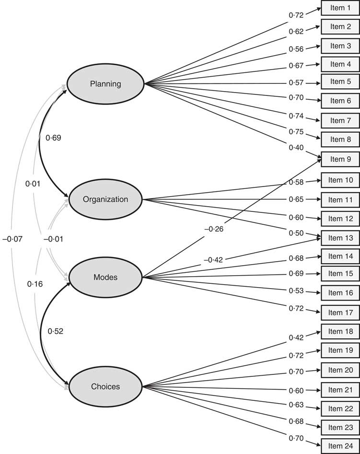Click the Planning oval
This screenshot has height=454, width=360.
coord(105,84)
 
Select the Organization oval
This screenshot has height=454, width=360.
coord(105,199)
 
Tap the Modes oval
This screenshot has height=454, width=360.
coord(105,277)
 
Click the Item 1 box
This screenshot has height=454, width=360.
coord(340,8)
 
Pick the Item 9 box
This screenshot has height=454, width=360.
coord(340,159)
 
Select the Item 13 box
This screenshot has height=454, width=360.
coord(340,238)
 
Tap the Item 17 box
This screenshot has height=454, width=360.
coord(340,313)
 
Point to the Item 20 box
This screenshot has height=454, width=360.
coord(340,370)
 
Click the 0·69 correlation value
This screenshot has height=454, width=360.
coord(53,138)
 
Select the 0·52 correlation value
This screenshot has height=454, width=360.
coord(56,331)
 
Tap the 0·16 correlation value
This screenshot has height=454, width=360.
coord(35,284)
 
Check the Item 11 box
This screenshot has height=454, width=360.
coord(340,199)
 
